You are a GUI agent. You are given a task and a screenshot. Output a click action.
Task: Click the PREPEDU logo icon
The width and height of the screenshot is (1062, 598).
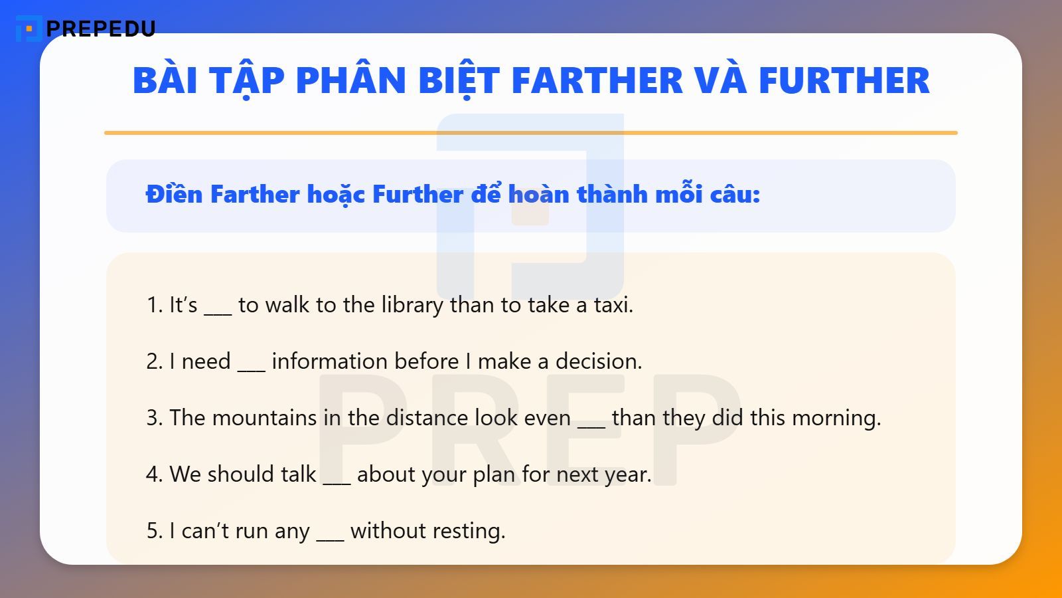coord(28,29)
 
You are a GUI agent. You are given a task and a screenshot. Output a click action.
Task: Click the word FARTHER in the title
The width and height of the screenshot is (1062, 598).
coord(597,80)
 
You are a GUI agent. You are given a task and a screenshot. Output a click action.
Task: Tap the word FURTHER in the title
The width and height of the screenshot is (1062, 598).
coord(844,80)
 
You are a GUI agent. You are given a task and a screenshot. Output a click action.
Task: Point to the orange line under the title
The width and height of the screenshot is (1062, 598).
coord(530,133)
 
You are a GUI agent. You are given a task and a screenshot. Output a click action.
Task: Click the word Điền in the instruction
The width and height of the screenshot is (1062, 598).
coord(174,194)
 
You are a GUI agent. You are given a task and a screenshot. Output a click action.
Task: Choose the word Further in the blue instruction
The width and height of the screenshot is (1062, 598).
coord(417,194)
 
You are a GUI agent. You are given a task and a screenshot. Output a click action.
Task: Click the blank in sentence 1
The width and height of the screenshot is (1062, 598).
coord(218,310)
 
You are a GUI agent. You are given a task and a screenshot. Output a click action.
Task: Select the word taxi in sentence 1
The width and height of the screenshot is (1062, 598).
coord(613,305)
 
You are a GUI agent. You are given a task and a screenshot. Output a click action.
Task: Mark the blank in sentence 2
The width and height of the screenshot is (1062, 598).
coord(251,367)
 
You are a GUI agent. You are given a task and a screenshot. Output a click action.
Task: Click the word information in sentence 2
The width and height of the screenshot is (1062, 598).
coord(365,361)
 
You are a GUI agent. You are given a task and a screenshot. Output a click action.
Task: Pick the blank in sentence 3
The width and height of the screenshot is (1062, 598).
coord(591,423)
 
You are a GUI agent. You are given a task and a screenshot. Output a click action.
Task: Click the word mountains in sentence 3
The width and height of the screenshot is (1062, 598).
coord(264,418)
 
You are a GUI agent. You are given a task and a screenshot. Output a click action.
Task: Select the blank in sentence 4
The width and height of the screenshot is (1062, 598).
coord(337,480)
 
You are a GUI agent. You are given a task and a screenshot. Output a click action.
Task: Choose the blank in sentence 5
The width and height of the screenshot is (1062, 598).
coord(330,536)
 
